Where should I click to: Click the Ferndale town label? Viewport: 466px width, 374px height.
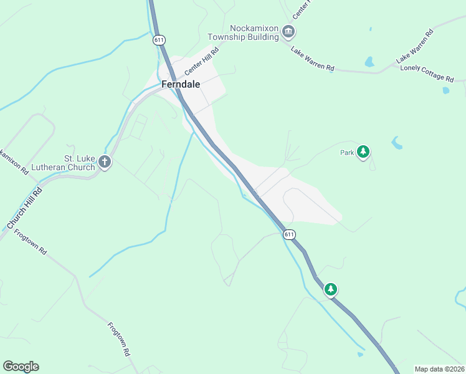click(181, 84)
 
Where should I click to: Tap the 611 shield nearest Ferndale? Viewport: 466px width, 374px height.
click(159, 40)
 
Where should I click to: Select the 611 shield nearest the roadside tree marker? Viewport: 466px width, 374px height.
click(288, 234)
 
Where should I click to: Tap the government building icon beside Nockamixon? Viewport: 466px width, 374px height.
click(287, 31)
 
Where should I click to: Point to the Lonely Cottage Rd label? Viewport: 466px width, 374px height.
click(427, 72)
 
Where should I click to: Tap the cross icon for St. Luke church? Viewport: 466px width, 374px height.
click(105, 163)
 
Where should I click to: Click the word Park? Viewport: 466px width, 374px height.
click(347, 152)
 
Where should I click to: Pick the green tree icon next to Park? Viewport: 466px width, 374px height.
click(363, 151)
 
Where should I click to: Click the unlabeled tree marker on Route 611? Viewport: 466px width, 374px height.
click(331, 289)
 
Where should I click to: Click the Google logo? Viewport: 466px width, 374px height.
click(21, 367)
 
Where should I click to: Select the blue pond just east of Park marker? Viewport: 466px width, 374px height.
click(396, 143)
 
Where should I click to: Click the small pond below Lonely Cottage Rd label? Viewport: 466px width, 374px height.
click(445, 90)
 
